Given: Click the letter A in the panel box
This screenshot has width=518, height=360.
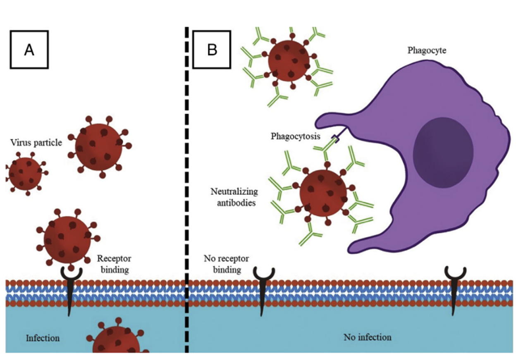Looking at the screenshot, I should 29,50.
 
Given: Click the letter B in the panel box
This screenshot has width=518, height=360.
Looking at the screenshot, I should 212,50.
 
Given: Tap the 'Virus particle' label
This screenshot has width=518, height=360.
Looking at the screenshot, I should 36,143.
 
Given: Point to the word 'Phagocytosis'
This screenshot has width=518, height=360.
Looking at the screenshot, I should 295,136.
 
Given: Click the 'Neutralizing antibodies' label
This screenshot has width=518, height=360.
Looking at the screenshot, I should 234,197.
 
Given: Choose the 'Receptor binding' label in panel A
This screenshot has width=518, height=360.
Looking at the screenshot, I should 114,264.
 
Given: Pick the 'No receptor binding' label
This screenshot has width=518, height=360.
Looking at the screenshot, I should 226,264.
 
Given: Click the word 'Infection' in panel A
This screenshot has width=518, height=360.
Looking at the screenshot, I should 43,338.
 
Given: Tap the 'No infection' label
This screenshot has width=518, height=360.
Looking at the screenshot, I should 368,337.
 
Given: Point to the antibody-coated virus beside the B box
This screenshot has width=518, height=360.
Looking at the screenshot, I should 289,59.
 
